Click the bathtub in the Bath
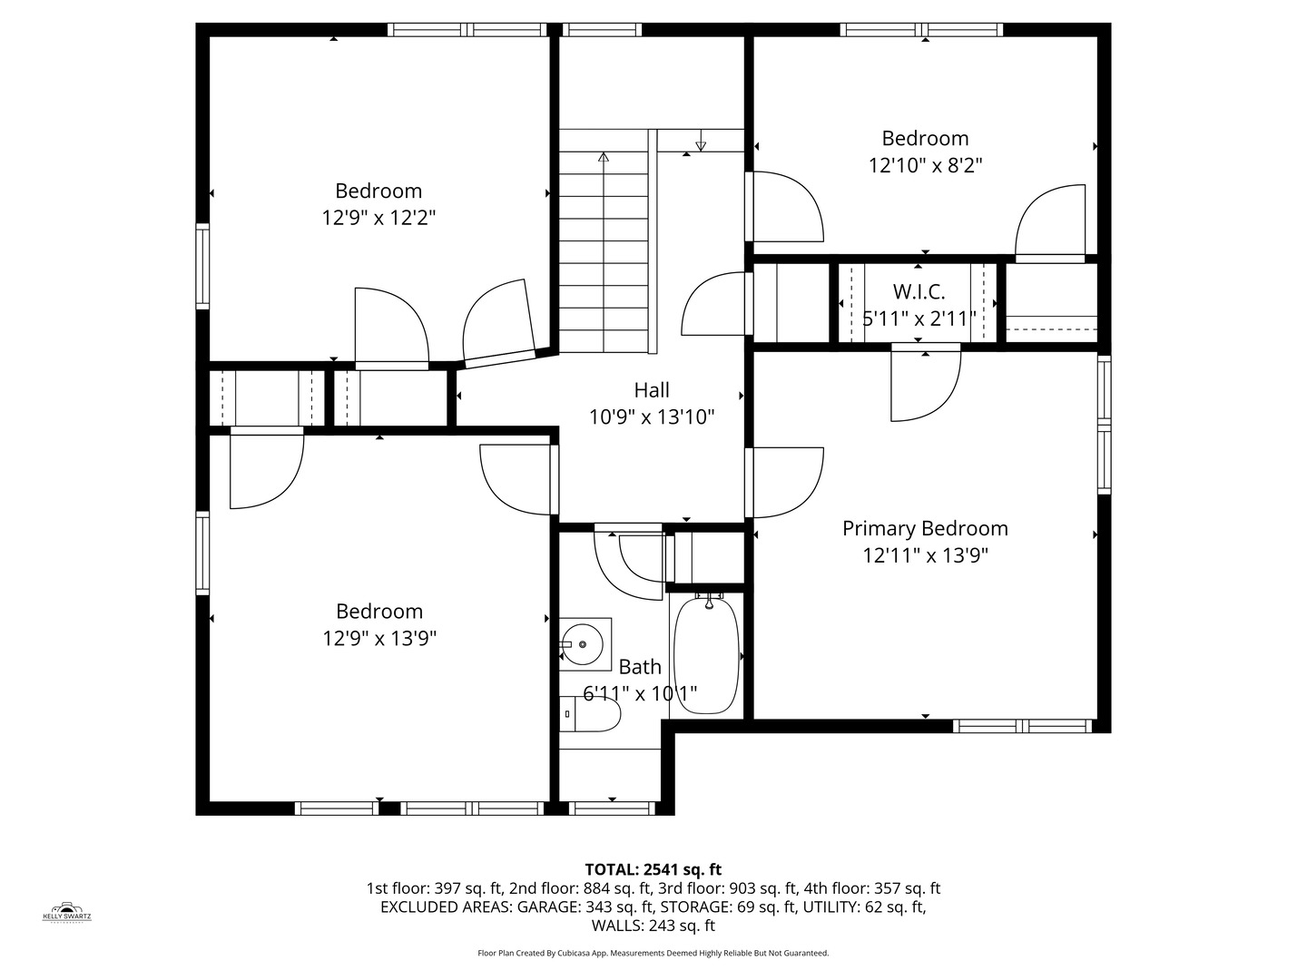point(707,654)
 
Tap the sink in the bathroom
point(582,644)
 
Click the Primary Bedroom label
point(925,528)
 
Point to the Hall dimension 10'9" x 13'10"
point(652,417)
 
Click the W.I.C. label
point(919,292)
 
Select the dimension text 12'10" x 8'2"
point(925,165)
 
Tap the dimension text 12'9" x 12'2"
point(378,218)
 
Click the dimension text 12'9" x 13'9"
point(379,638)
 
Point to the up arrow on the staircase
point(604,157)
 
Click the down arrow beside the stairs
point(700,145)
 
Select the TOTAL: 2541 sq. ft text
point(653,869)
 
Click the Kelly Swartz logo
point(67,911)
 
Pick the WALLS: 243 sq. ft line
point(653,926)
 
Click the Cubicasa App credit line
point(653,953)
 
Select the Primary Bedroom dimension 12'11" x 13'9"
point(925,555)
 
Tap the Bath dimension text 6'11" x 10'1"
point(640,694)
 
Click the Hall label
point(652,390)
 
